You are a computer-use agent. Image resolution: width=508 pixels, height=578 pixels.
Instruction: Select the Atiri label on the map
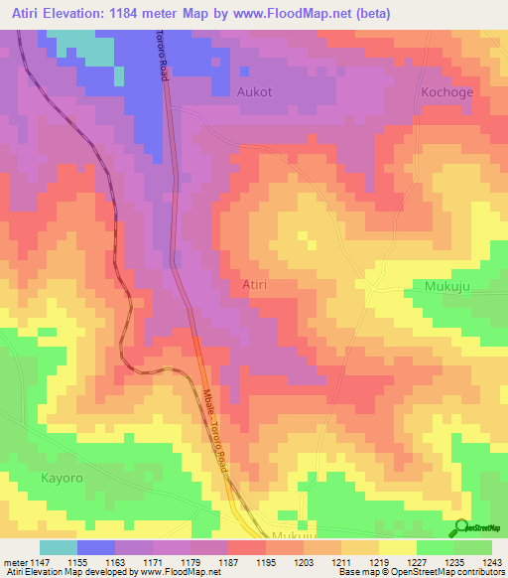click(255, 285)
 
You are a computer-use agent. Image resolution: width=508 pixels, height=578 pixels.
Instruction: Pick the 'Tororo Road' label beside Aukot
click(162, 56)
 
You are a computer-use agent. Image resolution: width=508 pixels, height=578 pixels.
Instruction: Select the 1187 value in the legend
click(228, 562)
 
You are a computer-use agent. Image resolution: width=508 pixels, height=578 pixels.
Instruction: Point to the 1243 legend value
click(491, 562)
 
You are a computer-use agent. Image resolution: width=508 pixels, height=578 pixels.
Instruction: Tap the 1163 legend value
click(115, 562)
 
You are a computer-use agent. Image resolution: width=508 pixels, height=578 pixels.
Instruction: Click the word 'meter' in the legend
click(14, 562)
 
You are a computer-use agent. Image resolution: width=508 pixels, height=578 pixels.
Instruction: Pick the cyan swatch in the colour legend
click(59, 547)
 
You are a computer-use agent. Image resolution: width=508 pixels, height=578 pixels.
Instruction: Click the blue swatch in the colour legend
click(96, 547)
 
